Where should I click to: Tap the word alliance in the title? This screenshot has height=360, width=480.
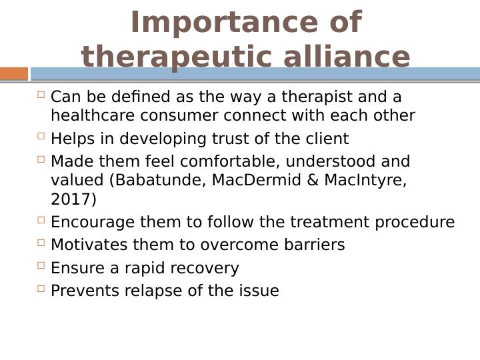pyautogui.click(x=347, y=57)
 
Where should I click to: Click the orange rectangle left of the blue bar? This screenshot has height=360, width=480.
pyautogui.click(x=14, y=74)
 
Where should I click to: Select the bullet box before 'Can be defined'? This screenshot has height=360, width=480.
pyautogui.click(x=41, y=94)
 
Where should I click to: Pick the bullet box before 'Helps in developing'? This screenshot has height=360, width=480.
pyautogui.click(x=41, y=135)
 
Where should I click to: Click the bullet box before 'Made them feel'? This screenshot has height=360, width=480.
pyautogui.click(x=41, y=159)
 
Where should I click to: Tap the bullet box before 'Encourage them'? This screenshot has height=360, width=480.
pyautogui.click(x=41, y=220)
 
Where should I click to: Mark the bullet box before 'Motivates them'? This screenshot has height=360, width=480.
pyautogui.click(x=41, y=243)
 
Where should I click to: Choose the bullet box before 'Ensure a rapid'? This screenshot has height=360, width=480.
pyautogui.click(x=41, y=265)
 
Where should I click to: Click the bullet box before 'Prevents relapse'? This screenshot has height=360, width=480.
pyautogui.click(x=41, y=289)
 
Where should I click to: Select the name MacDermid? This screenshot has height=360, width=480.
pyautogui.click(x=256, y=180)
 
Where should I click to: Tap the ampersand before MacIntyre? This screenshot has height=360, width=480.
pyautogui.click(x=313, y=180)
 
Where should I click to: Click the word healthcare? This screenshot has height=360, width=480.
pyautogui.click(x=93, y=115)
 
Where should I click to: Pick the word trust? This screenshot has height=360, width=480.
pyautogui.click(x=230, y=139)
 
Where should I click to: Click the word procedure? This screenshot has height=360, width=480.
pyautogui.click(x=415, y=222)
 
